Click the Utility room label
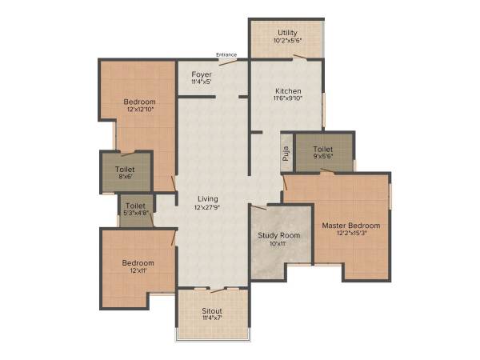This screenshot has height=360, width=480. pos(287,31)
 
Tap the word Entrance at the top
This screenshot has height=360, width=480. pos(226,54)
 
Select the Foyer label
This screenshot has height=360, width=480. pos(202,74)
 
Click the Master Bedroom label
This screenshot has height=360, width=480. pos(351,226)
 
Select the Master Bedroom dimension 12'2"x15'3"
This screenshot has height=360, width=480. pos(351,234)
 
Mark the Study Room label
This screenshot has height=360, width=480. pos(278,235)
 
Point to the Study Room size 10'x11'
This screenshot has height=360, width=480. pos(278,244)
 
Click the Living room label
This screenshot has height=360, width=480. pos(207,198)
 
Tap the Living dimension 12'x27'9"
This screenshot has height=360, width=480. pos(207,207)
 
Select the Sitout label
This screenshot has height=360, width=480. pos(212,310)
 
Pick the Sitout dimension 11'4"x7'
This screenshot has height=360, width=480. pos(212,318)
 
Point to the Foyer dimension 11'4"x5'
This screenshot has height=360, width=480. pos(202,82)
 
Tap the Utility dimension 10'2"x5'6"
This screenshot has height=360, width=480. pos(287,40)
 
